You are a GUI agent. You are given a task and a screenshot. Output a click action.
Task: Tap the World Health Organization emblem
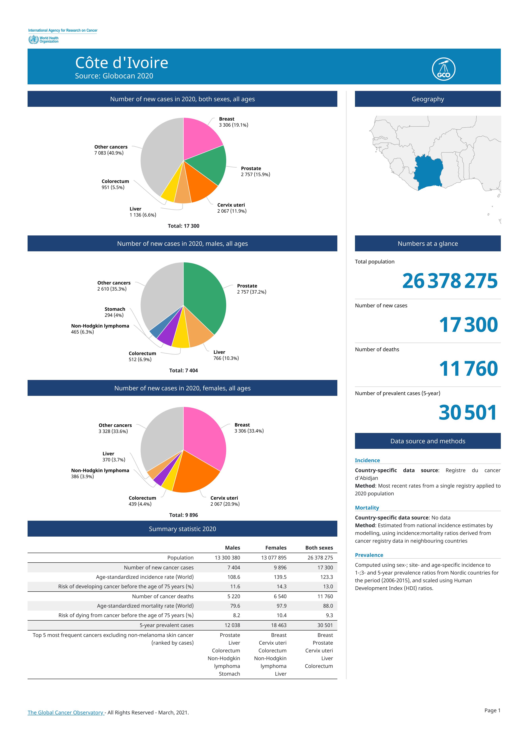pos(33,40)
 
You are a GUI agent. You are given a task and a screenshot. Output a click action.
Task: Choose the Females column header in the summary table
pos(276,548)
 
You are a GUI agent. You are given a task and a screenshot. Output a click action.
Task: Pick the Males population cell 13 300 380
pos(227,558)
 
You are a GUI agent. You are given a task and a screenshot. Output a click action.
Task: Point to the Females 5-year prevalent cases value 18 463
pos(279,625)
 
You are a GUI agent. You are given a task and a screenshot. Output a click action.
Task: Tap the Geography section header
pos(428,99)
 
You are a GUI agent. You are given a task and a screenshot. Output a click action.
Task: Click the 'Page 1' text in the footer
pos(492,710)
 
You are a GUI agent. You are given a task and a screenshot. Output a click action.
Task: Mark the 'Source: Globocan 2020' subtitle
pos(114,76)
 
